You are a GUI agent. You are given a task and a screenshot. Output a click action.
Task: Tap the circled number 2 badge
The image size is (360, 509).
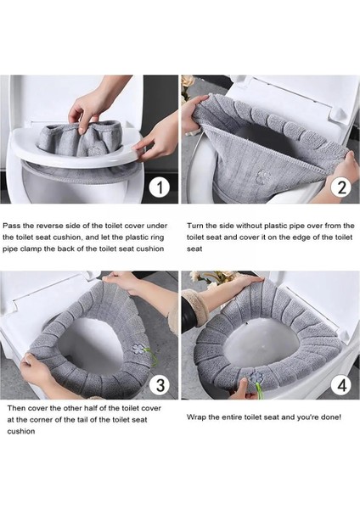click(x=342, y=187)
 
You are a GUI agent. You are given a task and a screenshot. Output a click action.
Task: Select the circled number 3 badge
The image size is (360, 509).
click(x=160, y=384)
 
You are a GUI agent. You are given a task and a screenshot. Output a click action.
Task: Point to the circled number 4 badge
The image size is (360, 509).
click(x=342, y=385)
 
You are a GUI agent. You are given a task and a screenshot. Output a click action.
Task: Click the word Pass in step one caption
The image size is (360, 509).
click(x=11, y=226)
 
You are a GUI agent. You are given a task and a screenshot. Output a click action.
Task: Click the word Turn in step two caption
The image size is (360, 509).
click(x=195, y=226)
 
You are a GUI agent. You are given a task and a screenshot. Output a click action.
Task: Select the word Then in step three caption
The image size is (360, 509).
click(x=15, y=408)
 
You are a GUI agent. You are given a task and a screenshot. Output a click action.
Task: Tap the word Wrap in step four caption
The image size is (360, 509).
click(x=196, y=417)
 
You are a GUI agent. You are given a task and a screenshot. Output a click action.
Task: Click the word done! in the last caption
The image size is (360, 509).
click(x=331, y=417)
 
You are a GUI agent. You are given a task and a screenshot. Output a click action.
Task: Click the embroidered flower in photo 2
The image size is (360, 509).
click(x=262, y=176)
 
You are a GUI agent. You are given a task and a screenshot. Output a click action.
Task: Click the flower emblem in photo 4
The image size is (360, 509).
click(x=255, y=377)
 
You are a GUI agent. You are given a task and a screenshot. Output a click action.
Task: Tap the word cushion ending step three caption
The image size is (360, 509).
click(x=20, y=432)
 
